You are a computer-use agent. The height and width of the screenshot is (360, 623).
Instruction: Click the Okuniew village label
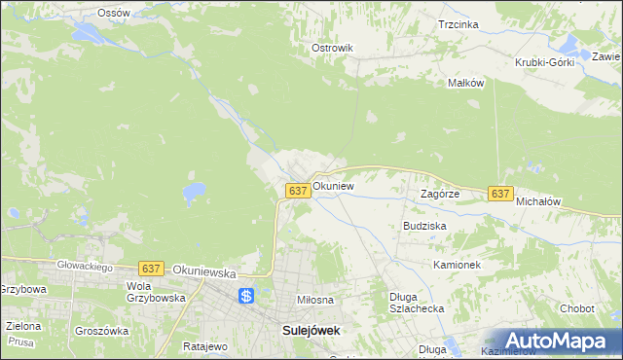[333, 185]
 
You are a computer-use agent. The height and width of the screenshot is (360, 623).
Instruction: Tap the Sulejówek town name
[311, 330]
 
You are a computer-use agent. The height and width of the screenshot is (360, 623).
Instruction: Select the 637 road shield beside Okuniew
[299, 191]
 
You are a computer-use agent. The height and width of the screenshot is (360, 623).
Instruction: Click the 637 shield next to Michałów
[500, 194]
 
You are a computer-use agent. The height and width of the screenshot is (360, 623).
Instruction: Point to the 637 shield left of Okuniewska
[150, 268]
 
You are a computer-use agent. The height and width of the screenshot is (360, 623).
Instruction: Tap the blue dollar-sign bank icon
[246, 295]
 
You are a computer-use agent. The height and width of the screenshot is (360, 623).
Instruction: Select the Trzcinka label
[458, 24]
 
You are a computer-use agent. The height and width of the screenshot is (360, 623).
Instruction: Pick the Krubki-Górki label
[545, 62]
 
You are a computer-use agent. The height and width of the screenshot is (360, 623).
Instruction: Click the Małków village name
[465, 83]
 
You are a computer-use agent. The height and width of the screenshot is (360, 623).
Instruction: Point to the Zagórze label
[439, 194]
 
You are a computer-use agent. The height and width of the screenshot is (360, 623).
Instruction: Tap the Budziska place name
[424, 225]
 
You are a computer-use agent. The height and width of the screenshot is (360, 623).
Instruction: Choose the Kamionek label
[458, 264]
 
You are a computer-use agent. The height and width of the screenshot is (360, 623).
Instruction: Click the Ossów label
[114, 13]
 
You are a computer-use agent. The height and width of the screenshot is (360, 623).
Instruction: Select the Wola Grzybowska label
[156, 292]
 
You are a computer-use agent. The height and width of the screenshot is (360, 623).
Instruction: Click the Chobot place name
[576, 308]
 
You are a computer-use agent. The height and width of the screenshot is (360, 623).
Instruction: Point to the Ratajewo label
[204, 345]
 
